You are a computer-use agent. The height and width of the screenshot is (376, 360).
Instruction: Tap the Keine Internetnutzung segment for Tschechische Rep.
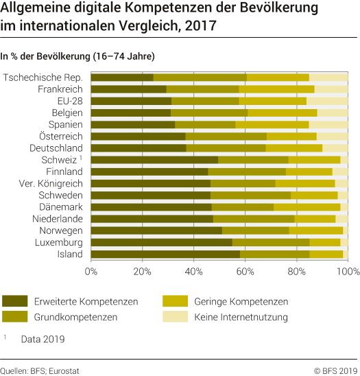pos(328,78)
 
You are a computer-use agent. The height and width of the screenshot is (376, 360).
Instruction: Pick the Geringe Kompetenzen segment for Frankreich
pos(276,89)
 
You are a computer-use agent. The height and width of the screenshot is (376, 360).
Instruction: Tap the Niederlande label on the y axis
pos(56,219)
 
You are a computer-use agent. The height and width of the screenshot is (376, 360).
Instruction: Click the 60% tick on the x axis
pos(245,272)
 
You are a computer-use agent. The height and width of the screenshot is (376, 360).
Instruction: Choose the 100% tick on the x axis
pos(347,272)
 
